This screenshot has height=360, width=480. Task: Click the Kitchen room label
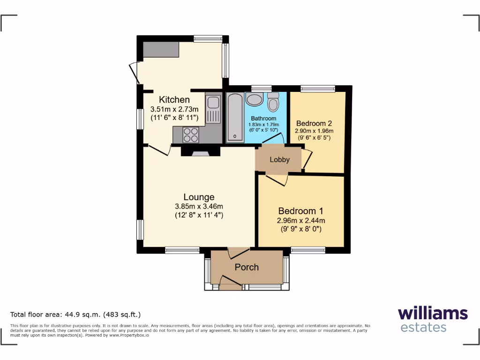tap(174, 99)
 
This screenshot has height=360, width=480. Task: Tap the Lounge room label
tap(199, 197)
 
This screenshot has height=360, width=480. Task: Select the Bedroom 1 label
tap(300, 211)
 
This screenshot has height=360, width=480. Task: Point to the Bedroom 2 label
tap(314, 123)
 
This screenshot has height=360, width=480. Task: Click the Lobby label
tap(279, 159)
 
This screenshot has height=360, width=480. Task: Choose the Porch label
tap(247, 267)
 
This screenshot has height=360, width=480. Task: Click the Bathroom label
tap(263, 119)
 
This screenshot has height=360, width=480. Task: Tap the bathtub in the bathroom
tap(234, 117)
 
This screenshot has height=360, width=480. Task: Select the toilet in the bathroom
tap(273, 102)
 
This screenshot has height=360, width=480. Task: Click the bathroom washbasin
tap(255, 100)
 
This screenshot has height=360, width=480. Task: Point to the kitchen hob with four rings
tap(191, 135)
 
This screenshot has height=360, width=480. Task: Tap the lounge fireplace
tap(200, 151)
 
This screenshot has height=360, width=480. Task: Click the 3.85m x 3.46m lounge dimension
tap(199, 207)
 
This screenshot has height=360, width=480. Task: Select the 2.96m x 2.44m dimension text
tap(300, 221)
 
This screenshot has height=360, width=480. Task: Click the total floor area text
tap(75, 315)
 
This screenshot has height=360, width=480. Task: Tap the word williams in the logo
tap(433, 313)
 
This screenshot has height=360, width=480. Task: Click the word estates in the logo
tap(423, 327)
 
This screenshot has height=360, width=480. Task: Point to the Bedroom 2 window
tap(318, 88)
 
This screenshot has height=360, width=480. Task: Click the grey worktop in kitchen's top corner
tap(161, 49)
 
